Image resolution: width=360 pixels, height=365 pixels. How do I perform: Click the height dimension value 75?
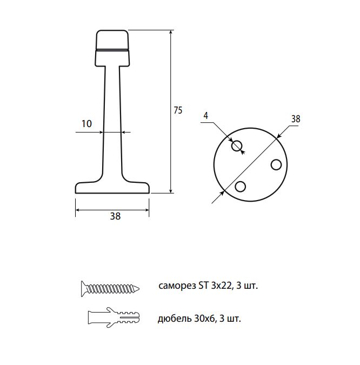178,110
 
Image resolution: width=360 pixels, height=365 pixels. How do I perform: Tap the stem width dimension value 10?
86,124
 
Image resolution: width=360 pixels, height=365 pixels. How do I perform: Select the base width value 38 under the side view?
115,216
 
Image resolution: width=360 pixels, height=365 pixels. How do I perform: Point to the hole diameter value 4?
206,116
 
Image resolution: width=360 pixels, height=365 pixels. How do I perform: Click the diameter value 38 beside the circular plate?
296,119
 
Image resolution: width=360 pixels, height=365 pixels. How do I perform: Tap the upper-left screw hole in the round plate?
237,146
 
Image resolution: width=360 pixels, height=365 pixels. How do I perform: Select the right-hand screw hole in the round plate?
276,164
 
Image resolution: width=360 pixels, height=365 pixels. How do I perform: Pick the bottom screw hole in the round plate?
241,187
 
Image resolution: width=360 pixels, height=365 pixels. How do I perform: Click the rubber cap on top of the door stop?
112,40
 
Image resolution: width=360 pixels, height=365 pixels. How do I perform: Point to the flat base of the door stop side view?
112,188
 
